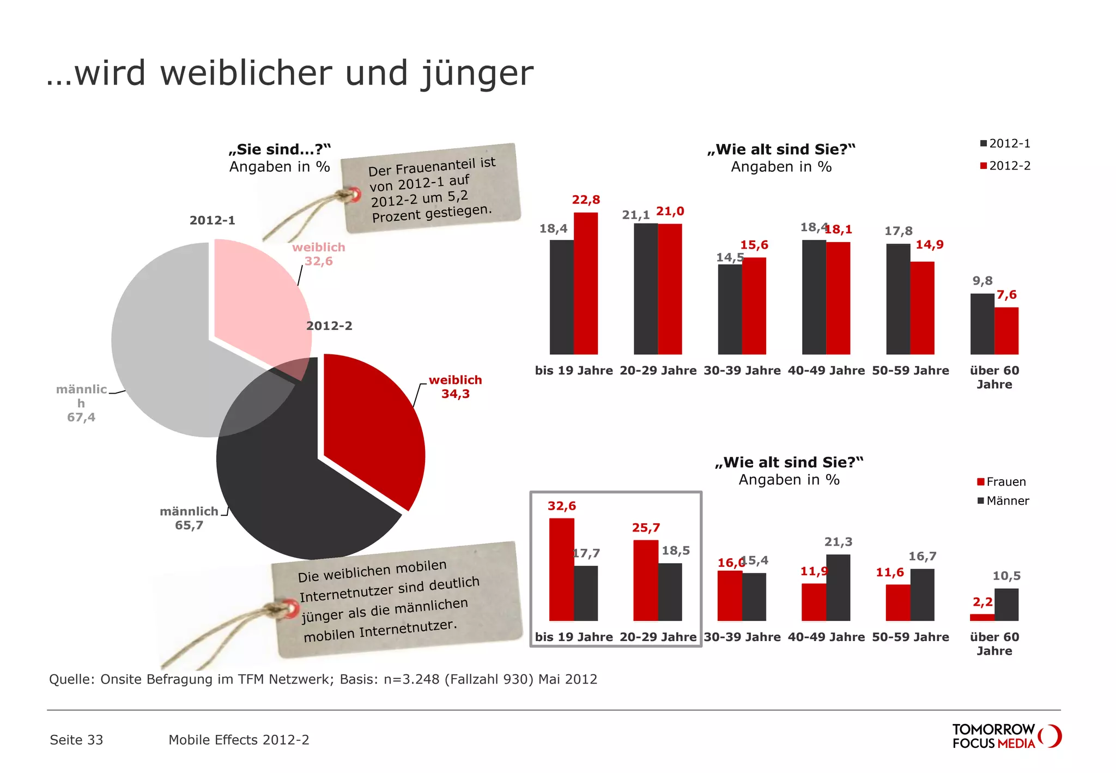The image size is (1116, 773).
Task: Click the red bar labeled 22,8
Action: (x=586, y=283)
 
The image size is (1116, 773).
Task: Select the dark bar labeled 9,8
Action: (x=982, y=324)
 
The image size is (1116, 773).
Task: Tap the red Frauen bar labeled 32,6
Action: (x=561, y=569)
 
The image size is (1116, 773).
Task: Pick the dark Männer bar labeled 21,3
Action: (x=838, y=588)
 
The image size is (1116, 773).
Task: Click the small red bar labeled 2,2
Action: (x=982, y=617)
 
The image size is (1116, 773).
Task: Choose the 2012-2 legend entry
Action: (x=1005, y=166)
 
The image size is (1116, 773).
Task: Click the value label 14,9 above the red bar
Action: (x=930, y=244)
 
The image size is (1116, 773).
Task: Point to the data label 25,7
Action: (x=646, y=528)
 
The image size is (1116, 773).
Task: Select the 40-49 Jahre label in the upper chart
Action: (x=826, y=371)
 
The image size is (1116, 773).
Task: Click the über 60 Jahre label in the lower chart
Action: (x=994, y=644)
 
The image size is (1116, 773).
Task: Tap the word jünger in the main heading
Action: (x=477, y=74)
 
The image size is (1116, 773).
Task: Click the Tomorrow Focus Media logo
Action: (x=1006, y=736)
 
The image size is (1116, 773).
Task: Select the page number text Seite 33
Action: (x=76, y=740)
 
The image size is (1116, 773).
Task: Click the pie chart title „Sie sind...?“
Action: (x=280, y=149)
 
